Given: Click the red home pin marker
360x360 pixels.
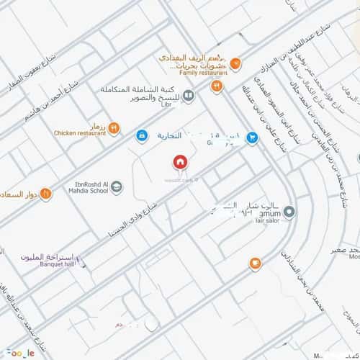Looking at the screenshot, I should tap(179, 162).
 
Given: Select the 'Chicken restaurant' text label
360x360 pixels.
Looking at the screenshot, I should tap(79, 133).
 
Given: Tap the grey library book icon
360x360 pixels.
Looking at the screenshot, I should tap(188, 95).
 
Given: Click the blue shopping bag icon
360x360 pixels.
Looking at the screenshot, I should tap(143, 135).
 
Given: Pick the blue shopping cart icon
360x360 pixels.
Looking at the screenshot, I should tap(251, 137).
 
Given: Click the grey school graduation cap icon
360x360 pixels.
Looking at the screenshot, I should tap(116, 187).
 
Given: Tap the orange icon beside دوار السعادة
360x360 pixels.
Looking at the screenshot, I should tap(45, 193).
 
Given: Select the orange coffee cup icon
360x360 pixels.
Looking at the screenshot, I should tap(254, 264).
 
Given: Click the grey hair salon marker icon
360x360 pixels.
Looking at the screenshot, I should tap(289, 212).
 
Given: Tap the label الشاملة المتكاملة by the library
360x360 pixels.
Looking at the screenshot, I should tap(140, 91).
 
